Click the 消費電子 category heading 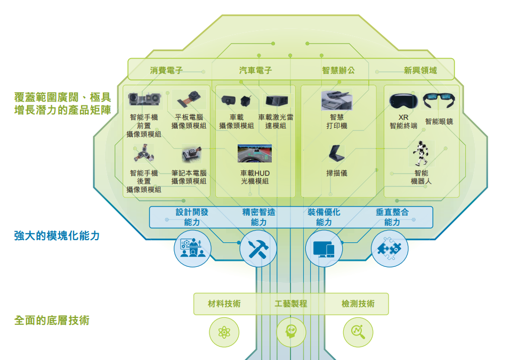click(166, 70)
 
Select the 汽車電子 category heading click(255, 70)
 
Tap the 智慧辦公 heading click(338, 70)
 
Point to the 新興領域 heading click(420, 70)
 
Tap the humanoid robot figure click(421, 153)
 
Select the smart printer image click(337, 100)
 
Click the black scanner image click(337, 153)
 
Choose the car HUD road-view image click(255, 153)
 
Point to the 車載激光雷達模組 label click(276, 121)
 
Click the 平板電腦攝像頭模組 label click(189, 121)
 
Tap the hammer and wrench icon click(258, 248)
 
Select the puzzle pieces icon click(390, 248)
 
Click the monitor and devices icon click(323, 248)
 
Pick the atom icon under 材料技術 click(224, 332)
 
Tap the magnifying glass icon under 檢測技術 click(358, 332)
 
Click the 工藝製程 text click(291, 304)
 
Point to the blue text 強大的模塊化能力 click(57, 235)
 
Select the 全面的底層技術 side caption click(52, 321)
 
